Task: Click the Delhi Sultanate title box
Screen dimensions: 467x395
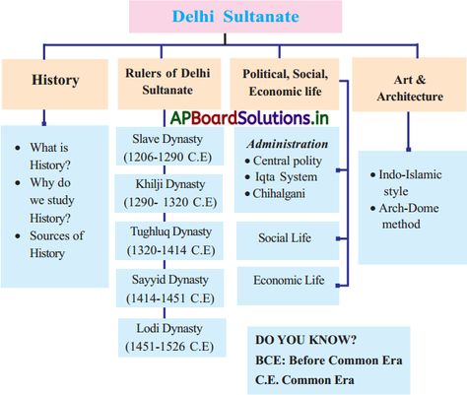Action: point(235,17)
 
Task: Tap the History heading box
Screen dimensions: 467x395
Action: point(55,84)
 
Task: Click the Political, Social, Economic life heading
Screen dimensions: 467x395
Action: point(285,84)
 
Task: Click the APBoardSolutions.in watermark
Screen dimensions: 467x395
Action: point(249,118)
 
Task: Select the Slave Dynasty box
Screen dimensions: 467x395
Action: point(169,147)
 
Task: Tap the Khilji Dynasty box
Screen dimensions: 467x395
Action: point(168,193)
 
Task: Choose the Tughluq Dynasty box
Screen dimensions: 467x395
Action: point(169,240)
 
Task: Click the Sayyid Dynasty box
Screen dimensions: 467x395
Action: point(169,288)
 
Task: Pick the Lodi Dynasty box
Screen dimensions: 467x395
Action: point(172,337)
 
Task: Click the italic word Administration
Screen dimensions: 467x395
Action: point(288,144)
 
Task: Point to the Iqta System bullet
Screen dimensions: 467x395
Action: point(281,177)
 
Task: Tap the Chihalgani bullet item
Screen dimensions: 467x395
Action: point(275,193)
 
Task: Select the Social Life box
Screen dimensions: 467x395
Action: point(288,240)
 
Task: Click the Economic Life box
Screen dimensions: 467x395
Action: point(288,286)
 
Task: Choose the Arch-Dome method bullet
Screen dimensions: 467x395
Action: point(405,216)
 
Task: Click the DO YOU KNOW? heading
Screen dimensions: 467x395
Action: point(306,340)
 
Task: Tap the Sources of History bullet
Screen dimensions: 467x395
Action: point(49,244)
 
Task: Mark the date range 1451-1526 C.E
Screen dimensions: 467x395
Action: point(169,347)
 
